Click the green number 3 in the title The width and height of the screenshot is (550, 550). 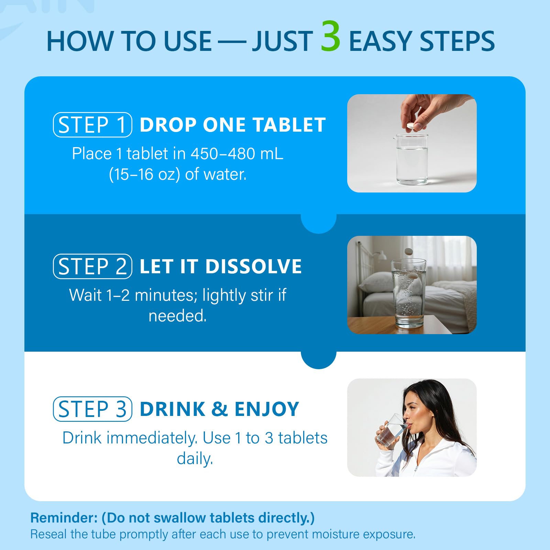pos(330,37)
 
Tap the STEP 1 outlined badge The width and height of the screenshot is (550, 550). pos(92,125)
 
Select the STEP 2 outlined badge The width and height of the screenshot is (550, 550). pos(92,266)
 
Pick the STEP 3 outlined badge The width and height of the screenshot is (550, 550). pos(92,409)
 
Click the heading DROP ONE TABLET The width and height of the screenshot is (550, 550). pos(233,125)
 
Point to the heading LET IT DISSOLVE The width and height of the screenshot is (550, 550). pos(221,266)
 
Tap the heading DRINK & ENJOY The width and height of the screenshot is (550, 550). pos(219,409)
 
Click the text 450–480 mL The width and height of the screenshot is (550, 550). pos(237,154)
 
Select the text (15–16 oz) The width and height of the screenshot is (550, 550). pos(144,174)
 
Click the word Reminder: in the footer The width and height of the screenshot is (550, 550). pos(64,518)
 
